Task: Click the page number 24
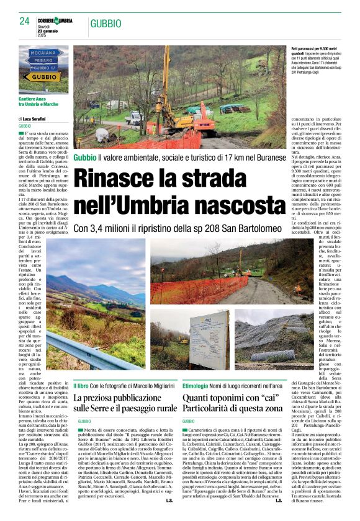pos(24,21)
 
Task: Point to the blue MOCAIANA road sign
pos(43,53)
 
